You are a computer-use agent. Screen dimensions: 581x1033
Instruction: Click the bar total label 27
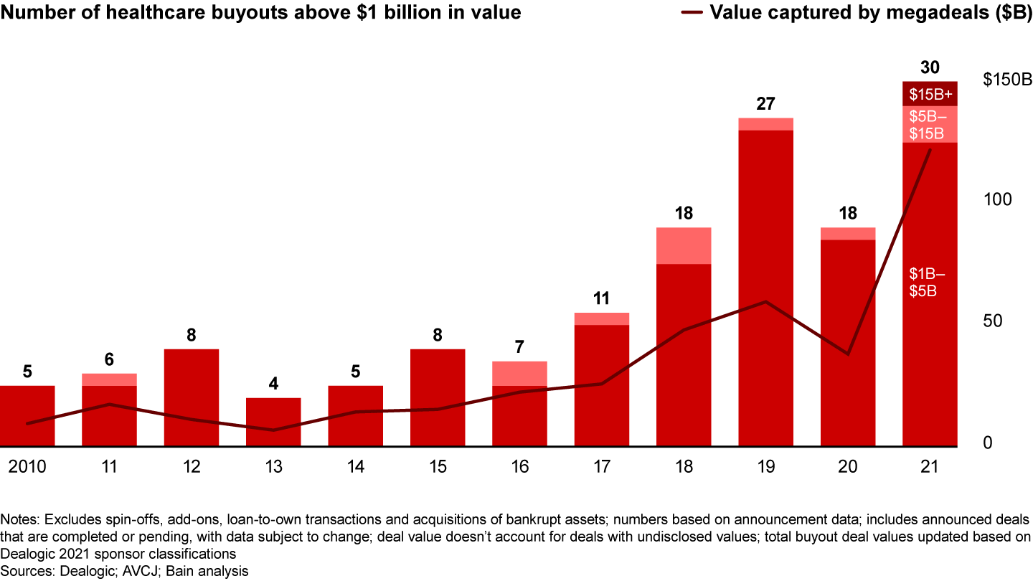click(x=765, y=104)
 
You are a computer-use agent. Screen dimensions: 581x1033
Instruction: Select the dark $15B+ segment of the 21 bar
click(x=930, y=94)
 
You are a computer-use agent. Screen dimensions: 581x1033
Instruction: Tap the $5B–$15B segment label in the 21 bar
click(x=930, y=125)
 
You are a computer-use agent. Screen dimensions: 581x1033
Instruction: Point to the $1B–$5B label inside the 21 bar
click(x=928, y=283)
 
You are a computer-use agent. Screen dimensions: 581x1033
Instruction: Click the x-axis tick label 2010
click(x=27, y=467)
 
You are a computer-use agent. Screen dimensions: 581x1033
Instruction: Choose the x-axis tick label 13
click(x=273, y=467)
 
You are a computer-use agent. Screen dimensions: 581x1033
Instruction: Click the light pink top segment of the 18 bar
click(x=684, y=245)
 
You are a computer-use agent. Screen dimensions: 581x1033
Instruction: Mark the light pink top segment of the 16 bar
click(x=519, y=373)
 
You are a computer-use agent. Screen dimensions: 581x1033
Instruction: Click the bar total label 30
click(x=930, y=67)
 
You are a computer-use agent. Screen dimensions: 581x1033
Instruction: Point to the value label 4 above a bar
click(x=273, y=384)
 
